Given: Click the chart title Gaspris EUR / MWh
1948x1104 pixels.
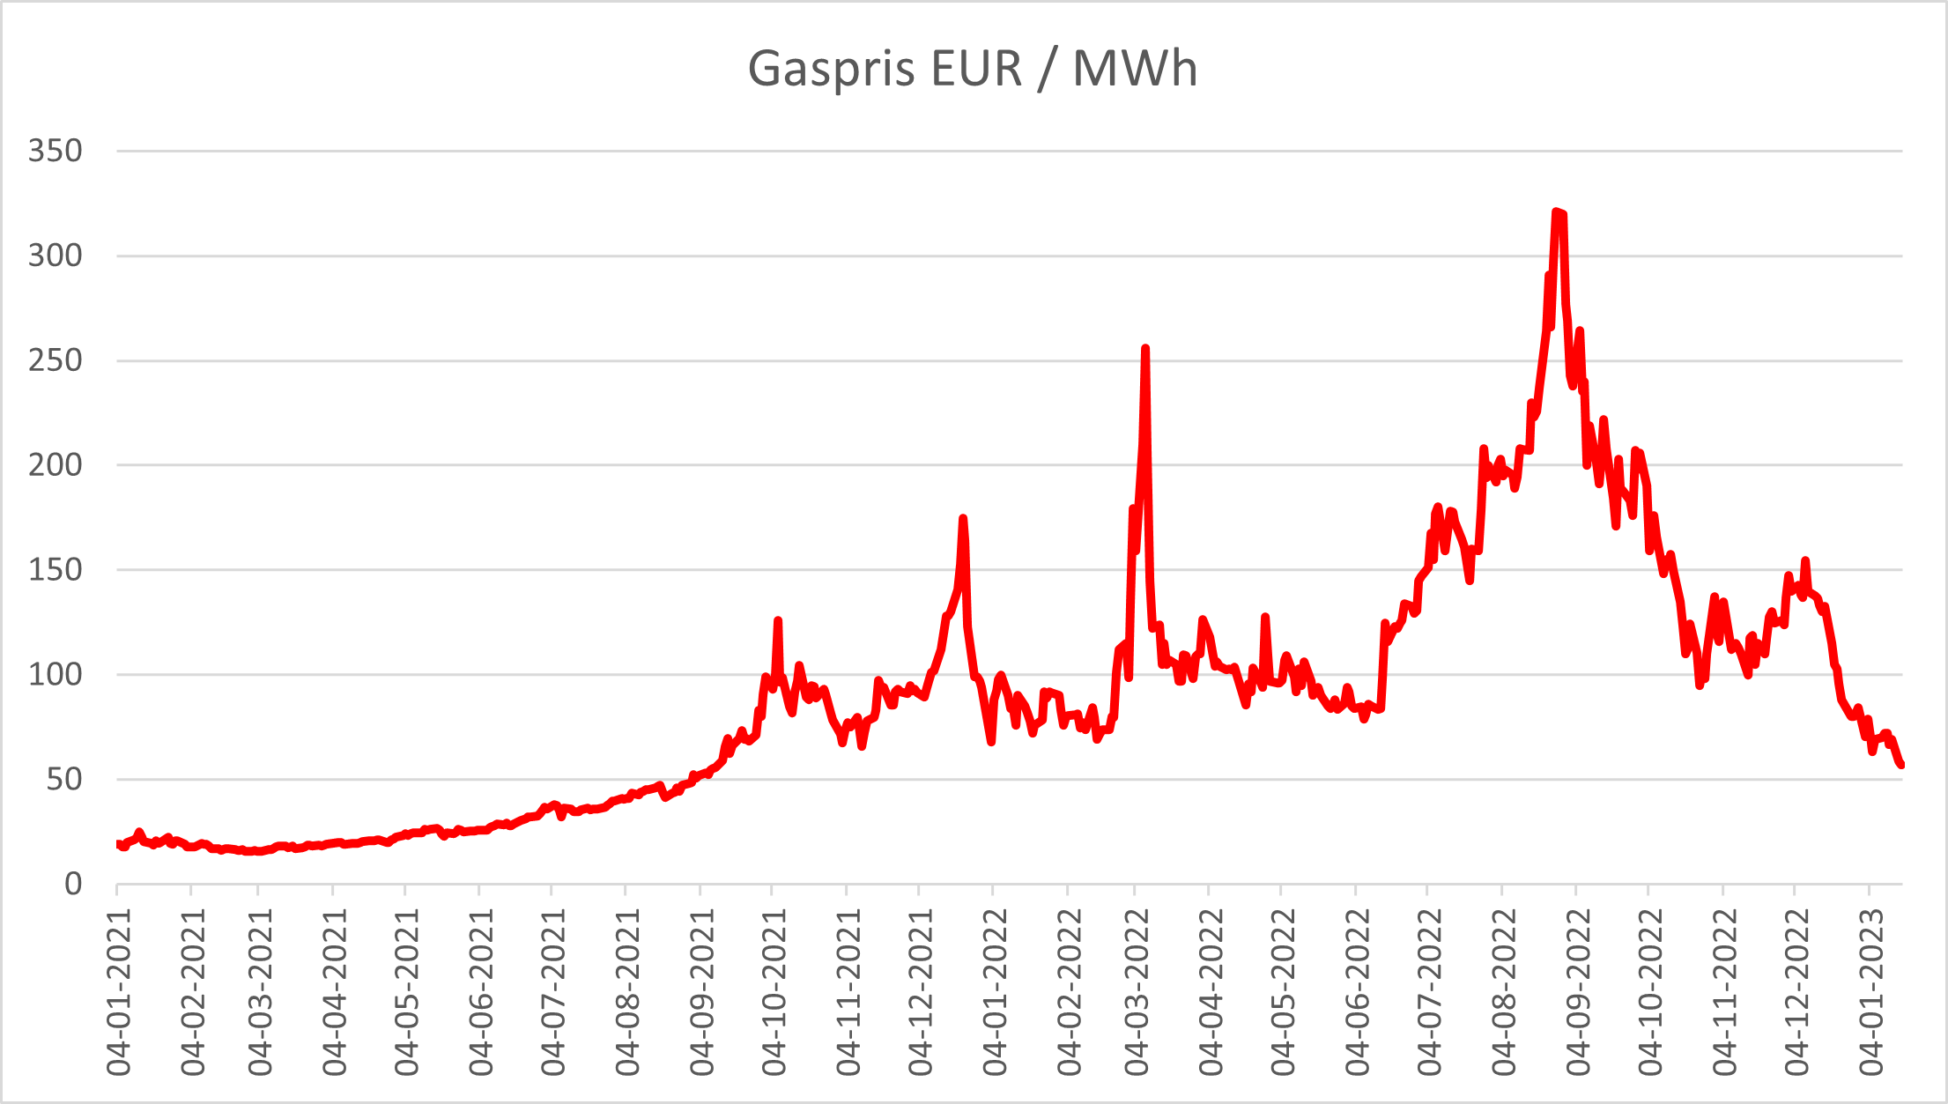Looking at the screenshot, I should pyautogui.click(x=973, y=69).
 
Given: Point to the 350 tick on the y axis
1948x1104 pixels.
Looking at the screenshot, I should pyautogui.click(x=55, y=151).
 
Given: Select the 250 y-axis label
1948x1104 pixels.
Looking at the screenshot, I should pyautogui.click(x=55, y=360).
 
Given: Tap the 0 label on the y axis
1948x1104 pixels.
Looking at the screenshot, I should pyautogui.click(x=73, y=884).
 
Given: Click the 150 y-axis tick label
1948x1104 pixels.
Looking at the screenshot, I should pyautogui.click(x=55, y=570).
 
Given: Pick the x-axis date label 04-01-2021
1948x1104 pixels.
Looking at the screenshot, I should pyautogui.click(x=119, y=990).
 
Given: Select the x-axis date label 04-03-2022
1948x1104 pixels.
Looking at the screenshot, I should pyautogui.click(x=1137, y=990).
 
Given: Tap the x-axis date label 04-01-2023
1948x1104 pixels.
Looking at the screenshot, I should pyautogui.click(x=1870, y=990).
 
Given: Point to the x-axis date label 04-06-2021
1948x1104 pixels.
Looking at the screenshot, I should pyautogui.click(x=481, y=990).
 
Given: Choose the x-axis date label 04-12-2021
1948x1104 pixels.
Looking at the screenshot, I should pyautogui.click(x=921, y=990).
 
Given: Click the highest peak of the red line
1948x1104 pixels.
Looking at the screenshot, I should pyautogui.click(x=1557, y=212).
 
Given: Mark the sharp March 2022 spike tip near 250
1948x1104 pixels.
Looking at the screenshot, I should pyautogui.click(x=1144, y=349).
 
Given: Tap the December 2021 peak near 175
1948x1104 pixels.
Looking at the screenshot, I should pyautogui.click(x=963, y=519).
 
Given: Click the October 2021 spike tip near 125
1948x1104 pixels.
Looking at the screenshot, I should pyautogui.click(x=778, y=620).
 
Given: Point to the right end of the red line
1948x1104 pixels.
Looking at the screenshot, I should pyautogui.click(x=1901, y=765).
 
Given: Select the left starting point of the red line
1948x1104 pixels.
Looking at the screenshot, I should pyautogui.click(x=118, y=844).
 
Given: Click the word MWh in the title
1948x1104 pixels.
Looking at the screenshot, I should pyautogui.click(x=1135, y=69).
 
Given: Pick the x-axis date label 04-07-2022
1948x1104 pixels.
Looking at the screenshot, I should pyautogui.click(x=1429, y=990).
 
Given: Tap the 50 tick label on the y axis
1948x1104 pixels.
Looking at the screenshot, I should pyautogui.click(x=64, y=779).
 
